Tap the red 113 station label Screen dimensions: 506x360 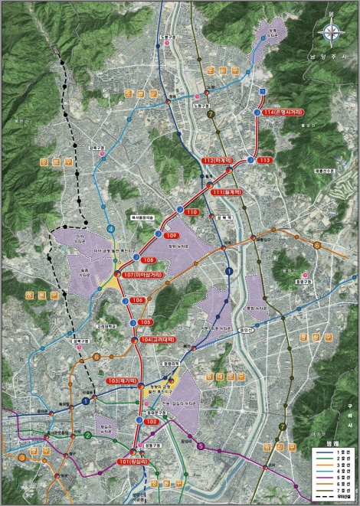(266, 159)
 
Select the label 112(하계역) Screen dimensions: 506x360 (218, 161)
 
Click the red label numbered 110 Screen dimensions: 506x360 (192, 211)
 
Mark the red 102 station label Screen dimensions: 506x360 (152, 422)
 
